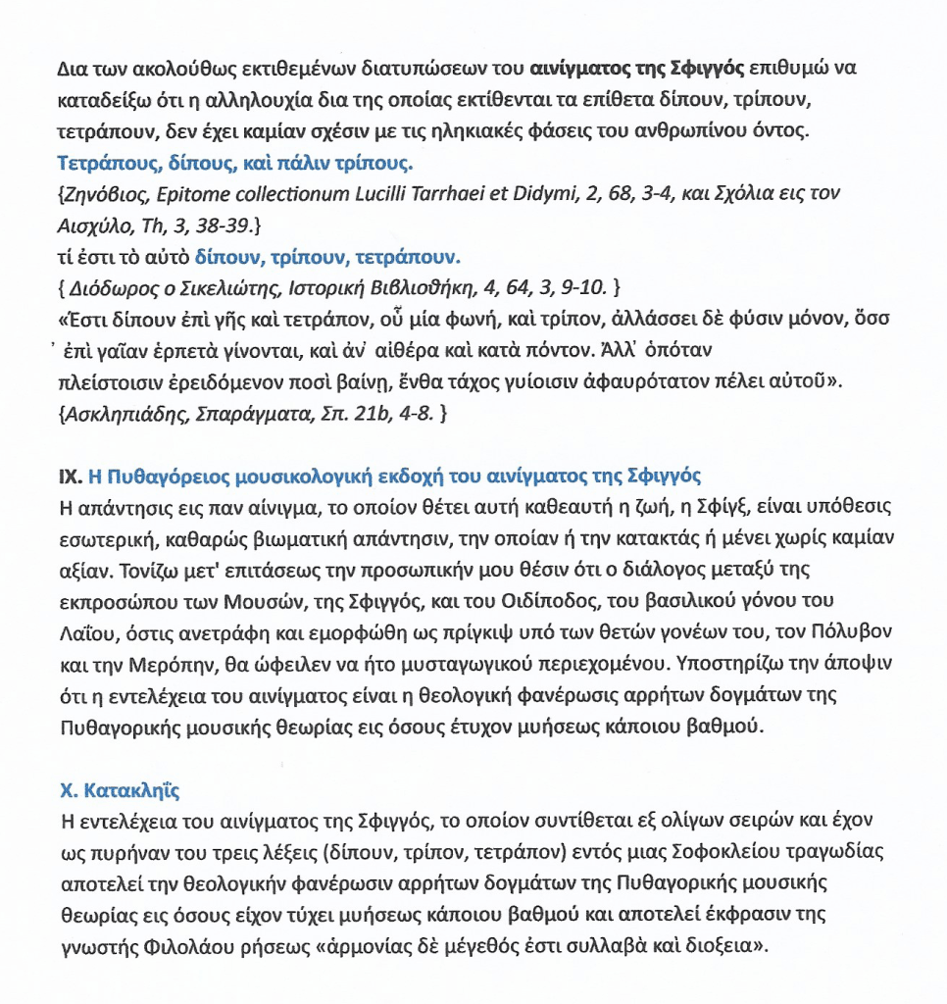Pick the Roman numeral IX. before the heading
point(69,477)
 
